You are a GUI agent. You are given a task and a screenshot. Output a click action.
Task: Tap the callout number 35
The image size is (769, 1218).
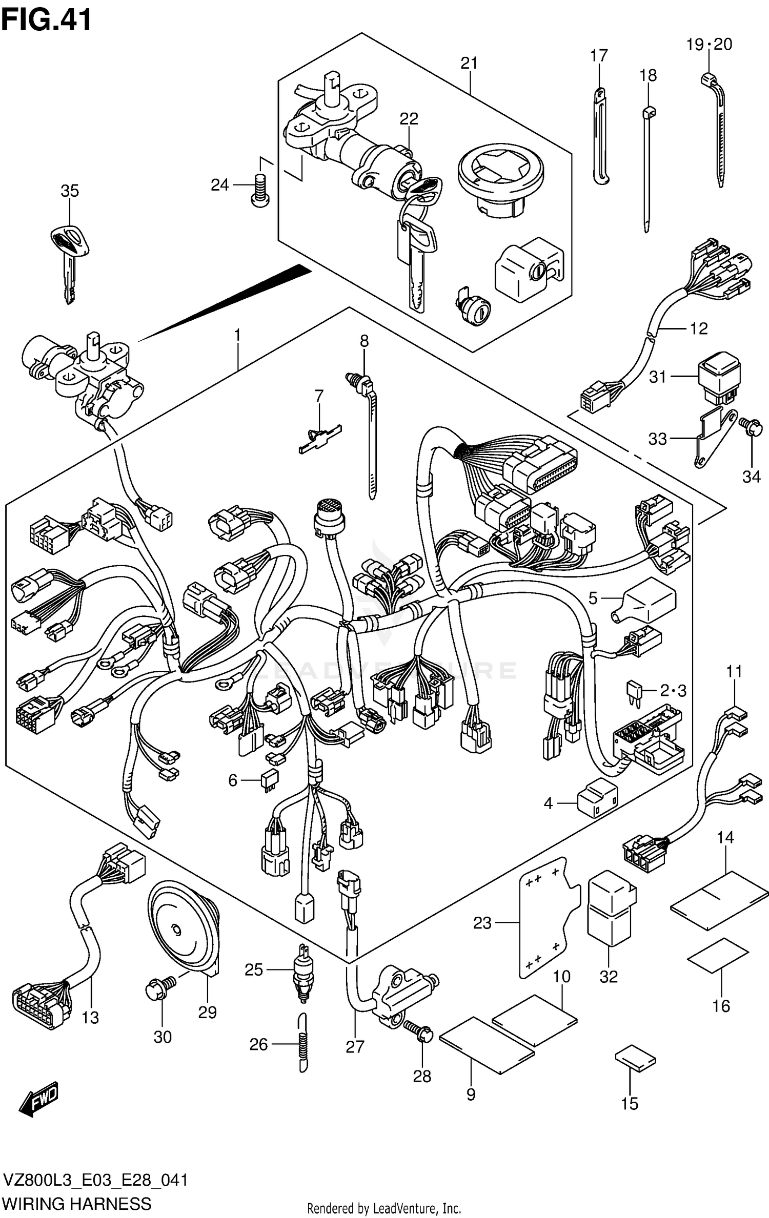tap(70, 191)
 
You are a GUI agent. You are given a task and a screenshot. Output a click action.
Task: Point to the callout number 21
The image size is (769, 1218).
tap(469, 63)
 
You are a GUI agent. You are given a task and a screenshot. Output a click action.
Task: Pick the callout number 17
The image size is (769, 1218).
tap(599, 55)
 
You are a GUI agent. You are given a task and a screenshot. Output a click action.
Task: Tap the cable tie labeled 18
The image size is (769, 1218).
tap(647, 169)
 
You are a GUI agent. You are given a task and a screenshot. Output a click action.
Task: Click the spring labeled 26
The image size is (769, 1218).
tap(303, 1043)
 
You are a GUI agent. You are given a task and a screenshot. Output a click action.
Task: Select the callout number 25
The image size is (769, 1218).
tap(254, 969)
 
